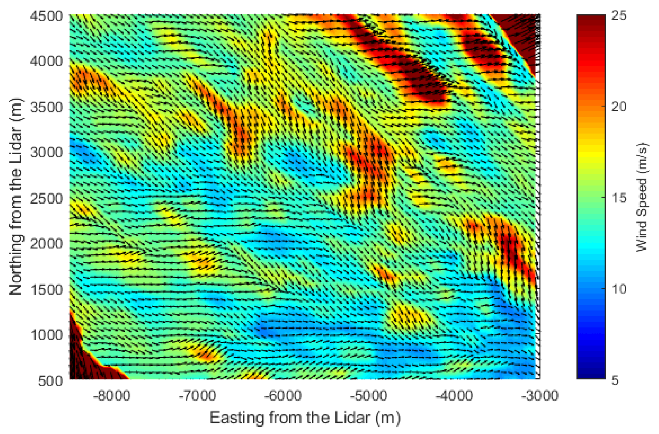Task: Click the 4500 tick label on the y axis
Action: click(x=46, y=16)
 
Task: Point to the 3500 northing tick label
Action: click(x=46, y=107)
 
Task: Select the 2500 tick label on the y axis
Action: click(x=46, y=198)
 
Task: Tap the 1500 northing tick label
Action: click(x=46, y=290)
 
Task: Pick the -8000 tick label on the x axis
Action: click(x=112, y=396)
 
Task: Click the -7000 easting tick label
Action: click(x=197, y=396)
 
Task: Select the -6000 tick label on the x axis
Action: click(x=283, y=396)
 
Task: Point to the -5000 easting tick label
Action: click(x=368, y=396)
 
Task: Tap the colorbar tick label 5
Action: click(x=615, y=380)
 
